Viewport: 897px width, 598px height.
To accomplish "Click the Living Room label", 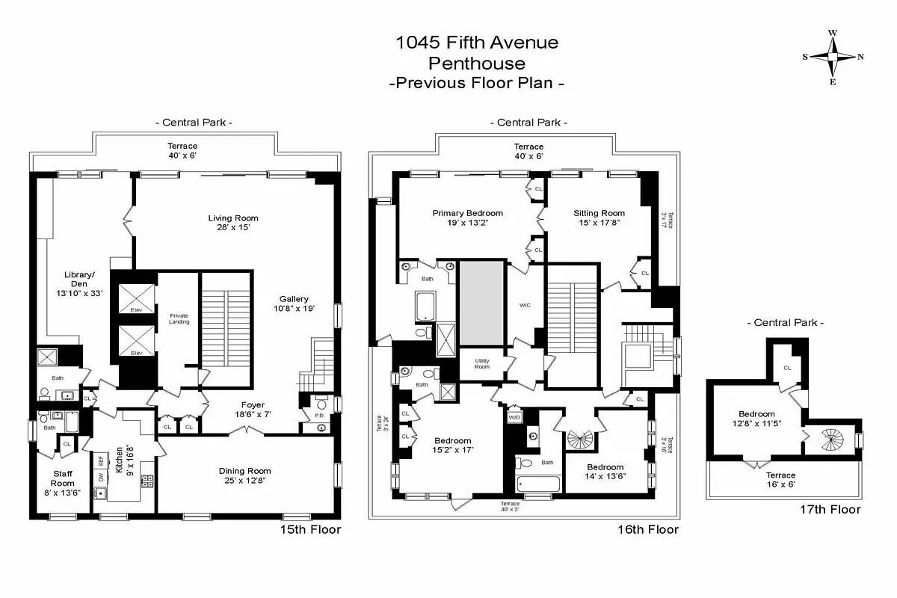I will [233, 218].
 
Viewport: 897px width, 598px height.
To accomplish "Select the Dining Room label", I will [244, 471].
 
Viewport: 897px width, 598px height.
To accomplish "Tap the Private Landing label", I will [179, 318].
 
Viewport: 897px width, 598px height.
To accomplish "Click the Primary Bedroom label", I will [467, 213].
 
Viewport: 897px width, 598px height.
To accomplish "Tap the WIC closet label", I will [524, 305].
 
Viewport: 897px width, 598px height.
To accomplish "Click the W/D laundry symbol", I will [514, 417].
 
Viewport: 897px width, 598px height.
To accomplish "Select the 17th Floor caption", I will [830, 510].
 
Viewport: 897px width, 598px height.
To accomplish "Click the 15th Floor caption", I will [310, 529].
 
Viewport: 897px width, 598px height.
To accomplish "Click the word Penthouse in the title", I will [476, 63].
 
